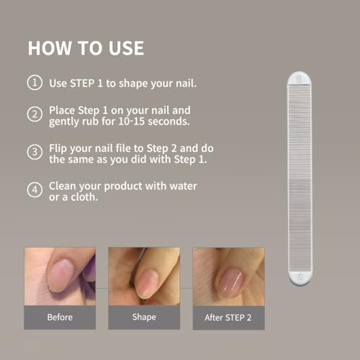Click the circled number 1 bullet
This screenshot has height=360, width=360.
[35, 83]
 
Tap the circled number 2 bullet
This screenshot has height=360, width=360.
[35, 114]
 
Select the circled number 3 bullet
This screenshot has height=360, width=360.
[35, 152]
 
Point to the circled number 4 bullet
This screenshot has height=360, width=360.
[35, 190]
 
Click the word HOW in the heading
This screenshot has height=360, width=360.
[50, 48]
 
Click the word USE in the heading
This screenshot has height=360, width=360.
[126, 48]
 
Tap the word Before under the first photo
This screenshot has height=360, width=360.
[60, 318]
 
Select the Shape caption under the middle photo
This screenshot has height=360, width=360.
[144, 318]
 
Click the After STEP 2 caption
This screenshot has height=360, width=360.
[228, 318]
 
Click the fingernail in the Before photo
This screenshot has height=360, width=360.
[60, 275]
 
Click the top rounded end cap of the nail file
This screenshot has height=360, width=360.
[300, 78]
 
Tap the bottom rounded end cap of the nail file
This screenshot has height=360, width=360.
[300, 278]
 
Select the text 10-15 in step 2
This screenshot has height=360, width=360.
[132, 121]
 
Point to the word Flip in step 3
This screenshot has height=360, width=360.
[58, 149]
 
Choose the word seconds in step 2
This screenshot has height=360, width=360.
[168, 122]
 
